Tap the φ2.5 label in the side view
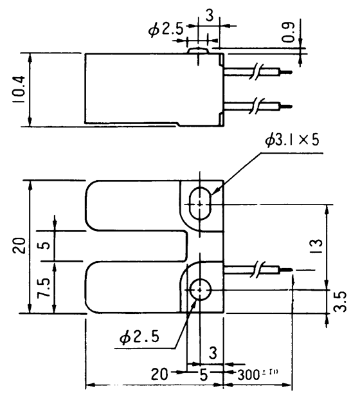coord(168,29)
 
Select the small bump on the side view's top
coord(199,48)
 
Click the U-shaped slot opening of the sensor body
coord(138,246)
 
